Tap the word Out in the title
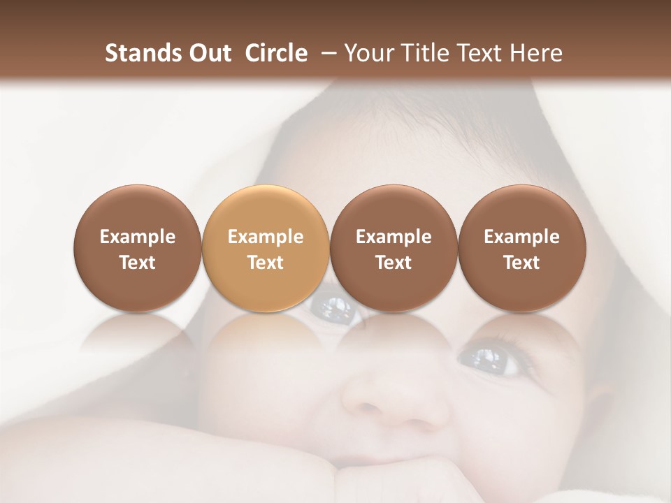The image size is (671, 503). click(208, 53)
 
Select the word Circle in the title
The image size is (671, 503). click(276, 53)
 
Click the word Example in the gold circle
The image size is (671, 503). click(266, 237)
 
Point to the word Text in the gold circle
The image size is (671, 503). click(266, 263)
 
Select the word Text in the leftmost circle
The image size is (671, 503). click(137, 263)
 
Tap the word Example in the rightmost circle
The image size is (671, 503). click(521, 237)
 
